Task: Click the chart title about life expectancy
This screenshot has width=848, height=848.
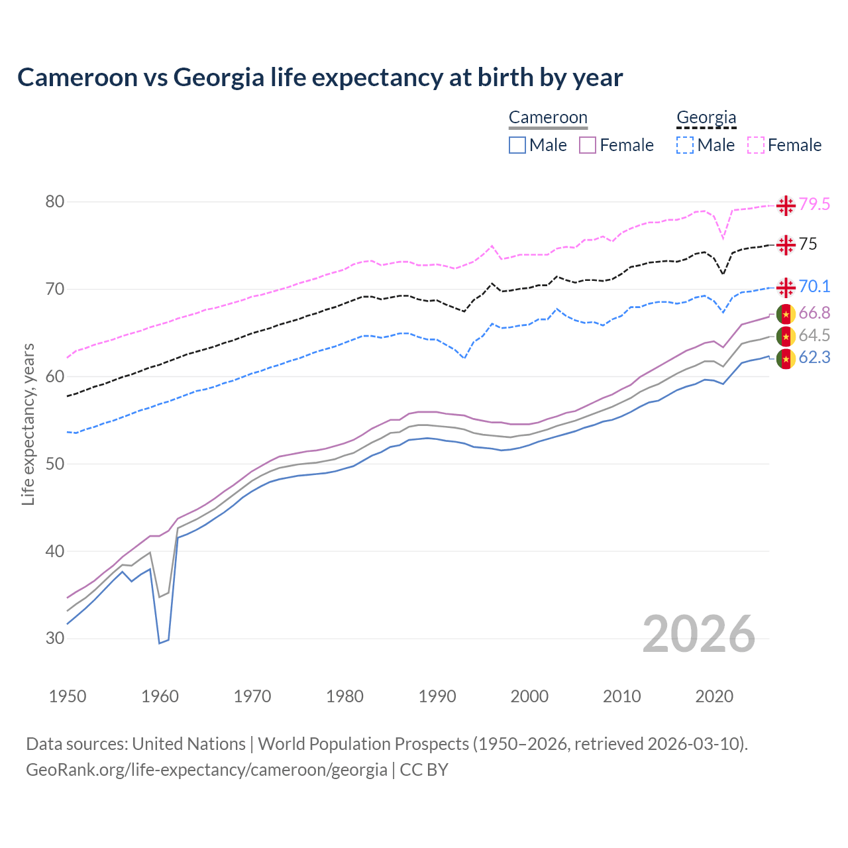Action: pyautogui.click(x=320, y=78)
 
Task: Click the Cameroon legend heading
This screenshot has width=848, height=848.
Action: pyautogui.click(x=548, y=117)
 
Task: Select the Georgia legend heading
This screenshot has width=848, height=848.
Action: pyautogui.click(x=706, y=117)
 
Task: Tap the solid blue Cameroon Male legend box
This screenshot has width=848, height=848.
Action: pyautogui.click(x=517, y=145)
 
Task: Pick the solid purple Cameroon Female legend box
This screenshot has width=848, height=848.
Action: pyautogui.click(x=588, y=145)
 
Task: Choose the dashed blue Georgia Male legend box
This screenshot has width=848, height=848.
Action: pyautogui.click(x=685, y=145)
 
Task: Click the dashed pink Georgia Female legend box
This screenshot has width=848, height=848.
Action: pyautogui.click(x=756, y=145)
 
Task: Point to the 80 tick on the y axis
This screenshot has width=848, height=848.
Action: pyautogui.click(x=55, y=201)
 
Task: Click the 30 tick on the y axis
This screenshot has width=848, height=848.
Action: pyautogui.click(x=55, y=639)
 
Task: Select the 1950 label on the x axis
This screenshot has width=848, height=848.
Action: pyautogui.click(x=68, y=696)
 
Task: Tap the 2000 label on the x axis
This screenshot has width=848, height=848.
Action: pyautogui.click(x=530, y=696)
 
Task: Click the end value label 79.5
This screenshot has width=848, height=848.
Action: pyautogui.click(x=814, y=205)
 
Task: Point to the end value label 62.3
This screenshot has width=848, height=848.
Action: pyautogui.click(x=814, y=358)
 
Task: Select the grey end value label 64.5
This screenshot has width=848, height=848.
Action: pyautogui.click(x=814, y=336)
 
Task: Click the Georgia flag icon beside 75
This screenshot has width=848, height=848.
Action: pyautogui.click(x=786, y=244)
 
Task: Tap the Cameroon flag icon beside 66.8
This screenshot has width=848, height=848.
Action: pyautogui.click(x=786, y=313)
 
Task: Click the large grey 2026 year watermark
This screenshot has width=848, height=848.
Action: pyautogui.click(x=699, y=634)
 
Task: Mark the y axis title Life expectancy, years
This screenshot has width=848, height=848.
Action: pyautogui.click(x=28, y=424)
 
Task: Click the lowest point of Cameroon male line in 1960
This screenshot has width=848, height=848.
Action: pyautogui.click(x=160, y=643)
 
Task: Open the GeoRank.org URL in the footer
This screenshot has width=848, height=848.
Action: pyautogui.click(x=207, y=770)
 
